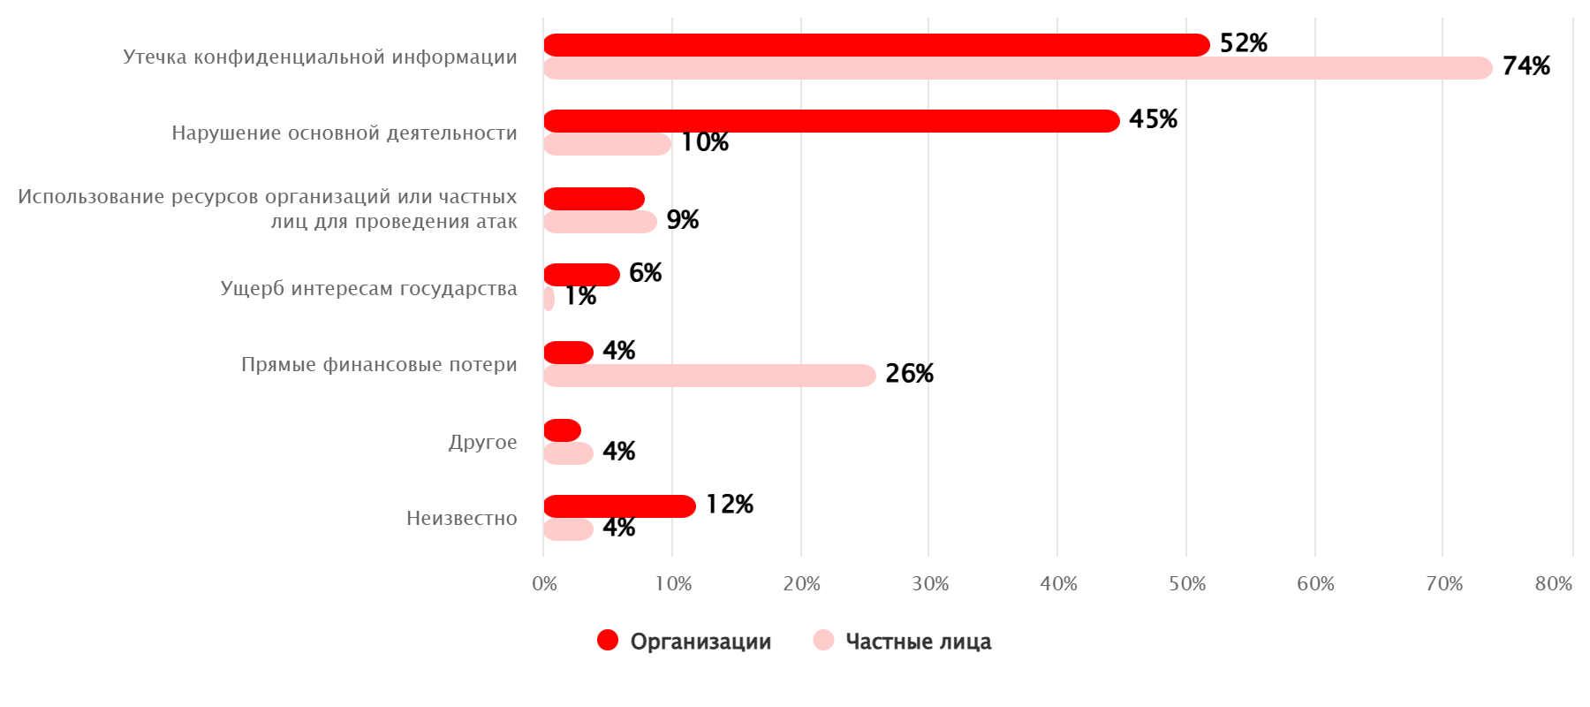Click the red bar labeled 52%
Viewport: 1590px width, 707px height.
(874, 45)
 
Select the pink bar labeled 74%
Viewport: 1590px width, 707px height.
(1016, 68)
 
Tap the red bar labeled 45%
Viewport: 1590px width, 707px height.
(830, 121)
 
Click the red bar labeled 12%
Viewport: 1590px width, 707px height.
(619, 506)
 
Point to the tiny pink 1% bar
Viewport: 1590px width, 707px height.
(549, 299)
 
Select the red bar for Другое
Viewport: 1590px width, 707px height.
(562, 430)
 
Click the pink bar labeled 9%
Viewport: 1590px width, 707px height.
(600, 222)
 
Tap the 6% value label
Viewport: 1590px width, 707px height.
(645, 273)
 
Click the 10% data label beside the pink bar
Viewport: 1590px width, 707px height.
(704, 142)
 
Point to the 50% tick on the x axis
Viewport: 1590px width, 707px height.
(1186, 583)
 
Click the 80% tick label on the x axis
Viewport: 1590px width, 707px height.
(1553, 583)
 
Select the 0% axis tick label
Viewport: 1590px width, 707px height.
(544, 583)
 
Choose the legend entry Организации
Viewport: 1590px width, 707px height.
(700, 642)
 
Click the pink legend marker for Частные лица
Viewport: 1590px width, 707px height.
(823, 640)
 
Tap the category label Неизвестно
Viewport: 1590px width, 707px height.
(461, 518)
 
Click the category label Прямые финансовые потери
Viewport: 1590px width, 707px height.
(379, 364)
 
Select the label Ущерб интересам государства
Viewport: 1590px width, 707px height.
(368, 288)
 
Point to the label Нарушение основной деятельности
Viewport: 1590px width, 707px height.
(344, 133)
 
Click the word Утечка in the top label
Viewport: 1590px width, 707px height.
(155, 57)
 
